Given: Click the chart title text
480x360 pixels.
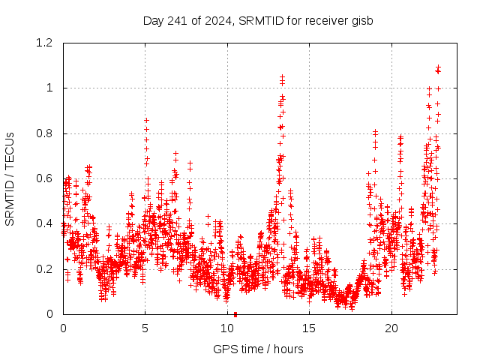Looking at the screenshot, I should point(259,20).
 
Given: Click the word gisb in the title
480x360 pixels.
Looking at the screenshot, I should point(363,20).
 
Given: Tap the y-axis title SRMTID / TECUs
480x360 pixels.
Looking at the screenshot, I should point(10,178).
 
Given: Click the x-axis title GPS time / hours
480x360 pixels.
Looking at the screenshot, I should point(259,349).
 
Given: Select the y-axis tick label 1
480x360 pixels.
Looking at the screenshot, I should point(50,88).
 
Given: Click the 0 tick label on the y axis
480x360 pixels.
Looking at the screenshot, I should point(50,314).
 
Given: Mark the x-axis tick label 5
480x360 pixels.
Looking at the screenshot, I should point(145,328).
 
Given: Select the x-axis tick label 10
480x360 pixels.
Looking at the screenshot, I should point(227,328).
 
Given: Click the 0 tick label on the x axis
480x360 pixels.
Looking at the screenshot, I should point(63,328).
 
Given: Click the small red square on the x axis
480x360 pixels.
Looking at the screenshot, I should point(235,314).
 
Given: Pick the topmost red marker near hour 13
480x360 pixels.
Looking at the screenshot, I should point(282,76).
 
